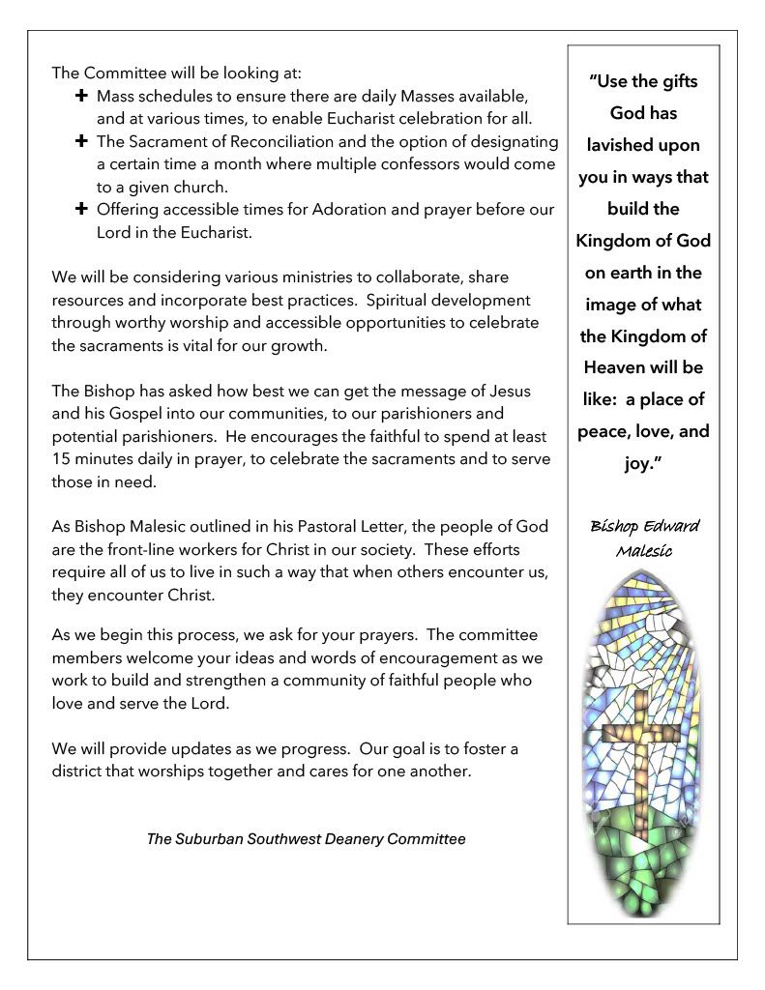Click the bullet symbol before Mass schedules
[x=81, y=97]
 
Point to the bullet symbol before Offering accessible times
[x=81, y=208]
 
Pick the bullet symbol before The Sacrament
[x=81, y=141]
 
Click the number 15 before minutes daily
[x=61, y=459]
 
